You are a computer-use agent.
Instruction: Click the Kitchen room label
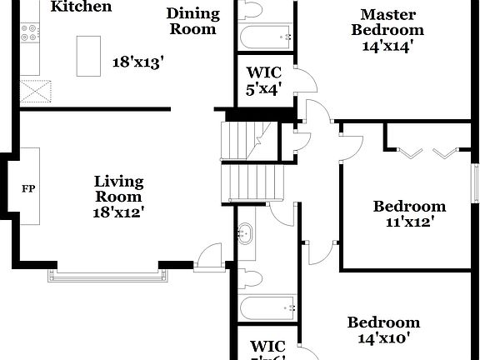(81, 7)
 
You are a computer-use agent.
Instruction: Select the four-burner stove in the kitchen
(30, 32)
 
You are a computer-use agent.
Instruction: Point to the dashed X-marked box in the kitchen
(35, 89)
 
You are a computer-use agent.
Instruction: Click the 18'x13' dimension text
(138, 62)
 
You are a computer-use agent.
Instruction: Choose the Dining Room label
(192, 21)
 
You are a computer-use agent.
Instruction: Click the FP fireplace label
(28, 187)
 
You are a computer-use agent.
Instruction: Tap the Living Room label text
(118, 188)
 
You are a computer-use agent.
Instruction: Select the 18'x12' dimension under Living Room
(118, 212)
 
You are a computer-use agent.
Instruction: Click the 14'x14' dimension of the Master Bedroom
(388, 46)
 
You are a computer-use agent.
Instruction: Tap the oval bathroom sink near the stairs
(246, 233)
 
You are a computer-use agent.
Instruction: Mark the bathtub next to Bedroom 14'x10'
(267, 308)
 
